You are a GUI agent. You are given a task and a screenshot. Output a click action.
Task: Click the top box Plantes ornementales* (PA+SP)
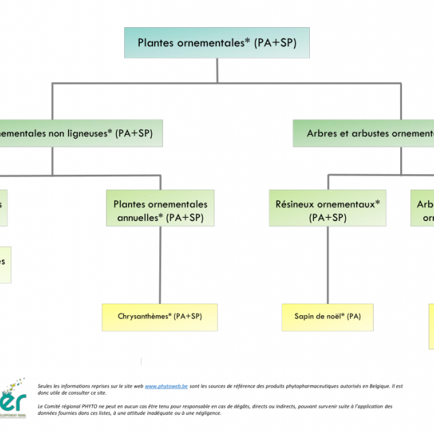click(217, 43)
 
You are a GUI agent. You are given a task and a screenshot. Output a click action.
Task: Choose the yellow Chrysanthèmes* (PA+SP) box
click(160, 317)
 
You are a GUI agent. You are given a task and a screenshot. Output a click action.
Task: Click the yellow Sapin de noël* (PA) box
click(328, 317)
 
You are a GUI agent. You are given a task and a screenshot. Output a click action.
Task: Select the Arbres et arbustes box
click(366, 134)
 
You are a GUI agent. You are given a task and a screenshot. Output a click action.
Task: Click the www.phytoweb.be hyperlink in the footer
click(167, 386)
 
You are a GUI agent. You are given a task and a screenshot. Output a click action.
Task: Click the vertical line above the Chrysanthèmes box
click(161, 264)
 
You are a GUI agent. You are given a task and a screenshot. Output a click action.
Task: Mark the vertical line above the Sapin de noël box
click(328, 264)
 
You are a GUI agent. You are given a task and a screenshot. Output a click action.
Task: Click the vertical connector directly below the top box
click(217, 71)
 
